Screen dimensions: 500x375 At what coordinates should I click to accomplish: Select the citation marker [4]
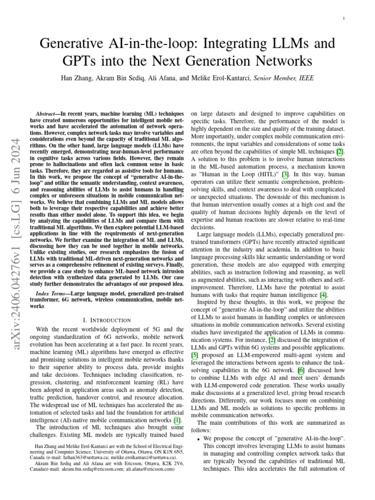point(323,294)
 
